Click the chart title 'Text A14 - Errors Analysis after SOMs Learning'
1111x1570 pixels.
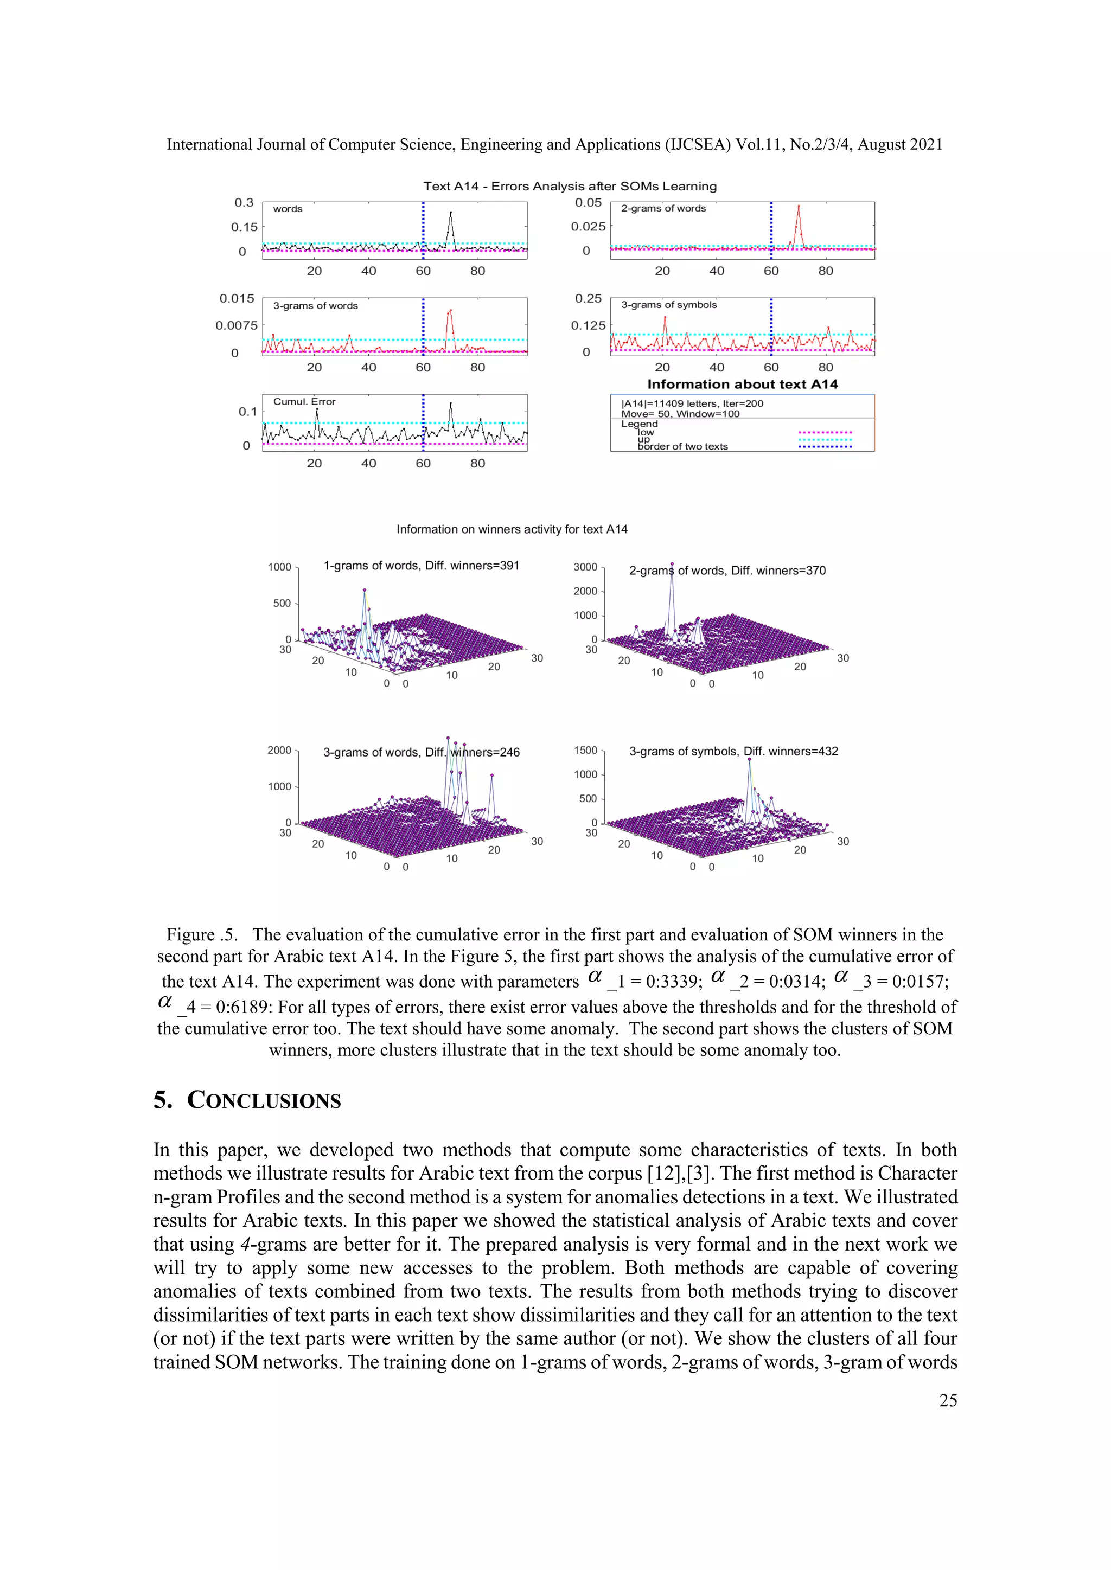(569, 186)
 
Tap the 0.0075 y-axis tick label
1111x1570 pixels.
(236, 325)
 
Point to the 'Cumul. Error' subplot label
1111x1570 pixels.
(304, 401)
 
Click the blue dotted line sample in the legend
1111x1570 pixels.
(825, 446)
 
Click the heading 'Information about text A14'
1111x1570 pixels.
(742, 385)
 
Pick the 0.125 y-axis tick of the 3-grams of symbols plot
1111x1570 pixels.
(588, 325)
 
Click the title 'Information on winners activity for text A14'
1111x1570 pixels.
(512, 529)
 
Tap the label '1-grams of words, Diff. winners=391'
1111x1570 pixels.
(421, 566)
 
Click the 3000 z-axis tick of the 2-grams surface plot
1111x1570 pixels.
(585, 567)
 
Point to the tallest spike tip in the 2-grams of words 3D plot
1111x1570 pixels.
(672, 564)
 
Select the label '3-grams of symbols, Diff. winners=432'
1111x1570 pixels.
(733, 751)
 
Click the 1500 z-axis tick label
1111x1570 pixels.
(585, 750)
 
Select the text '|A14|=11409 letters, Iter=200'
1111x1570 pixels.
(692, 403)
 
